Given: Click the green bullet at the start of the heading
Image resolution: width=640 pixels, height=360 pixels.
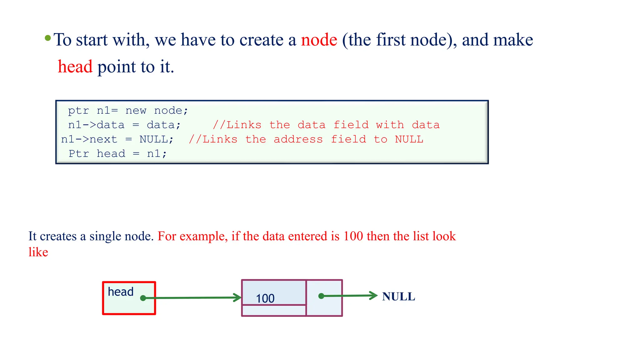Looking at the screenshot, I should pos(48,38).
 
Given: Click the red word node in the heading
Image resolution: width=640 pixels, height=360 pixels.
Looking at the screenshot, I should pos(319,40).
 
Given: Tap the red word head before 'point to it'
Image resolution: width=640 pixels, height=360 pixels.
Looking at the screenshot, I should pos(75,67).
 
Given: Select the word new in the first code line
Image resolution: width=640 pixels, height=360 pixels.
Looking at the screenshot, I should pos(136,111).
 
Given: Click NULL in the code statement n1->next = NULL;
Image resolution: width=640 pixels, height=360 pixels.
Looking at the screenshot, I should pos(153,139).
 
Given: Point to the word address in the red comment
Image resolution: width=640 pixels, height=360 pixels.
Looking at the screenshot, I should pos(298,139).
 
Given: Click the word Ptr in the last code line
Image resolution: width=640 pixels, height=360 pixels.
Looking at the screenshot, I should pos(79,154).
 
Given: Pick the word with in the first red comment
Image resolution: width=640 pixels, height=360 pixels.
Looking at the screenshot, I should pos(390,125).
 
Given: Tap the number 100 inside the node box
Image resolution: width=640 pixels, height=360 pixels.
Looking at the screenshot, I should pos(265,298).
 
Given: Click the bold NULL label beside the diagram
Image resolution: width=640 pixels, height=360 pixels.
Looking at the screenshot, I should pos(398,297).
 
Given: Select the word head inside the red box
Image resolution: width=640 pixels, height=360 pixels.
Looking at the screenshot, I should pos(121,292).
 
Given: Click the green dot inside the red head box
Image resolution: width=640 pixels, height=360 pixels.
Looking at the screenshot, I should pos(143,298).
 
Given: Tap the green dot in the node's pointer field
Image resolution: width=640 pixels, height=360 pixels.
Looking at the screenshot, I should pos(321,296).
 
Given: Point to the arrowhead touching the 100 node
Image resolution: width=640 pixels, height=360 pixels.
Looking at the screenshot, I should pos(238,297).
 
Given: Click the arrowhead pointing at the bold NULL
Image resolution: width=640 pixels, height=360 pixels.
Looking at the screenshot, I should pos(374,295).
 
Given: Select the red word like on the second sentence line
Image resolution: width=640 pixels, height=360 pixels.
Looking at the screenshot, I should pos(38,252).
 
